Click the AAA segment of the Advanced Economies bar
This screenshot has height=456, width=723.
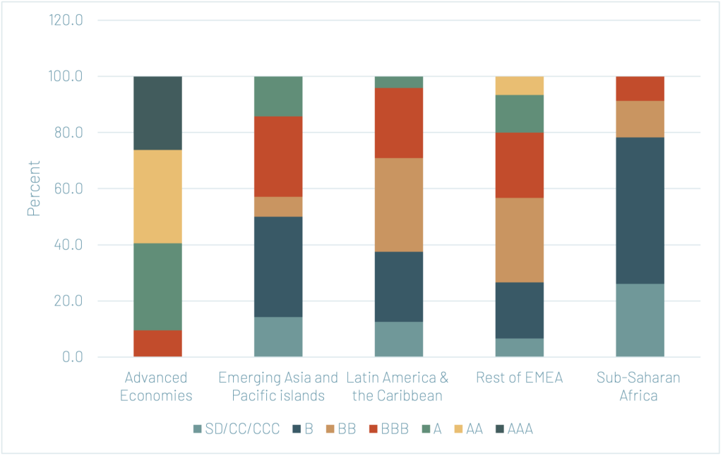pos(157,113)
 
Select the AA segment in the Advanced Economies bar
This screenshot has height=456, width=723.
pos(157,196)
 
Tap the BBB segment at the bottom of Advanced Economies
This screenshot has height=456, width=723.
pos(157,343)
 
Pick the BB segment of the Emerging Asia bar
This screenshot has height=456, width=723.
pos(278,206)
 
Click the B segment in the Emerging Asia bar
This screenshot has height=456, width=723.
pos(278,266)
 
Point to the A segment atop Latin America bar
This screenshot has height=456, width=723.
pos(399,82)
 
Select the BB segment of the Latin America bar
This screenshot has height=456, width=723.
pos(399,205)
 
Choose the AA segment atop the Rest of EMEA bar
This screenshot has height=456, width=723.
pos(519,85)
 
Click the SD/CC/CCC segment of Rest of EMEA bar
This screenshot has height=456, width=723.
pos(519,347)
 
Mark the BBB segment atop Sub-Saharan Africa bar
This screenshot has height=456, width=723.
pos(640,88)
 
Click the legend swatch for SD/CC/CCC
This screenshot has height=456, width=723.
pos(197,428)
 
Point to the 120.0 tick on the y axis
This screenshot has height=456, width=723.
pos(66,20)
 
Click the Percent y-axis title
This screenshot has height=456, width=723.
pos(33,188)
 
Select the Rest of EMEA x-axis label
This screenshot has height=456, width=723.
pos(519,378)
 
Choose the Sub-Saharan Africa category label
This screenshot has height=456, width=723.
pos(640,386)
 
